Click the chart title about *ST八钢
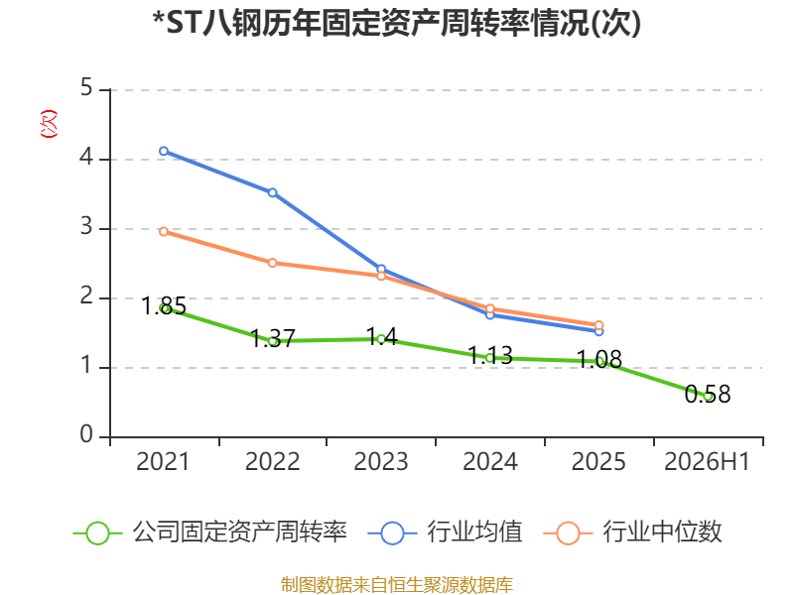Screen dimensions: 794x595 pyautogui.click(x=397, y=23)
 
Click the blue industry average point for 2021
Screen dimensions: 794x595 pyautogui.click(x=164, y=152)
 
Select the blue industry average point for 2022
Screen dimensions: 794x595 pyautogui.click(x=272, y=192)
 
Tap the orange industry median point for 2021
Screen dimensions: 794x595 pyautogui.click(x=164, y=232)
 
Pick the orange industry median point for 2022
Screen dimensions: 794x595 pyautogui.click(x=272, y=263)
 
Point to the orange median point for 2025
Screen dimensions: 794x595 pyautogui.click(x=598, y=325)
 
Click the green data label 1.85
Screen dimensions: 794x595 pyautogui.click(x=164, y=305)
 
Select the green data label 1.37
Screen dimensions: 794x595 pyautogui.click(x=273, y=338)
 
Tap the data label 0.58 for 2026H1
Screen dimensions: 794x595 pyautogui.click(x=708, y=394)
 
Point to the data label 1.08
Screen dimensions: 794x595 pyautogui.click(x=599, y=359)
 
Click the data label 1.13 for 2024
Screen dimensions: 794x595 pyautogui.click(x=490, y=355)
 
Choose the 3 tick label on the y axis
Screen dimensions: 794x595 pyautogui.click(x=86, y=227)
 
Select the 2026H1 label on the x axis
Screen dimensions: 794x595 pyautogui.click(x=707, y=462)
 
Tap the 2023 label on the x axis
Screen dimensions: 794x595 pyautogui.click(x=381, y=462)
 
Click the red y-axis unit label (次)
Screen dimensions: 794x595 pyautogui.click(x=49, y=124)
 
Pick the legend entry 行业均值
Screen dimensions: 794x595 pyautogui.click(x=446, y=533)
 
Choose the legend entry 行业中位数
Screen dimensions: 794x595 pyautogui.click(x=633, y=533)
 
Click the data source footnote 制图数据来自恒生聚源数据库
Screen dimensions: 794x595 pyautogui.click(x=397, y=585)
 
